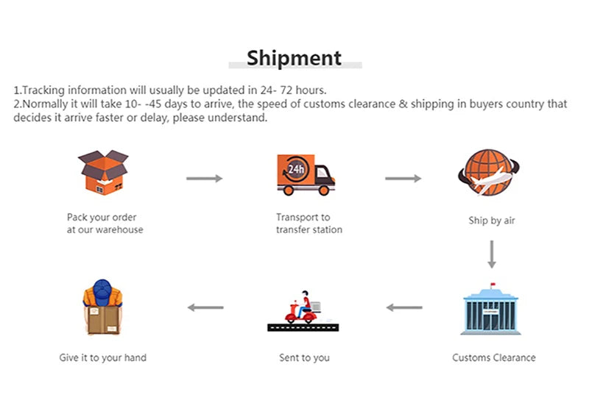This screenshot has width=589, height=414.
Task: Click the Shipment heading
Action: coord(294,57)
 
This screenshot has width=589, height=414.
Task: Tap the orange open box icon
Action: coord(103,174)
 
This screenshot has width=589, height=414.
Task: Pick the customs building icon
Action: coord(490,311)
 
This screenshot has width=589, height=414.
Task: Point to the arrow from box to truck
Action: coord(204,179)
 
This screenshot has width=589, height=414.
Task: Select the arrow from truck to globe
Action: coord(403,179)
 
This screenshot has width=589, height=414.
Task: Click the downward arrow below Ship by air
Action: coord(492,254)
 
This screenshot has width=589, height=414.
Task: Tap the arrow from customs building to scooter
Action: coord(404,307)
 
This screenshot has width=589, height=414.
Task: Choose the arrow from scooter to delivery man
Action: coord(205,307)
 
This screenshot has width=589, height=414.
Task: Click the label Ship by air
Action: coord(492,221)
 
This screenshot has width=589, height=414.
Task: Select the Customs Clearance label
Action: coord(493,358)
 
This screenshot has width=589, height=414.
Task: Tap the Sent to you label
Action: coord(304,358)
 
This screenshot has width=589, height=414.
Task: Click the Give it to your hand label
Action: coord(103,358)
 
